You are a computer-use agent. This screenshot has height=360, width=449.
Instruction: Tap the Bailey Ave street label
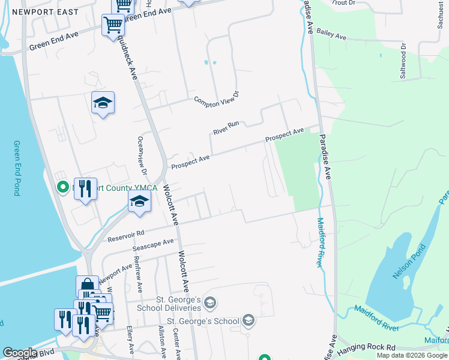coord(332,36)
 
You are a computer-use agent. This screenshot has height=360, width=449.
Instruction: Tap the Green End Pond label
coord(17,168)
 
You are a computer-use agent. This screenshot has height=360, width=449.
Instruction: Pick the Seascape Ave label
coord(152,245)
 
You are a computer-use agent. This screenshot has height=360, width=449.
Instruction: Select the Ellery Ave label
coord(131,340)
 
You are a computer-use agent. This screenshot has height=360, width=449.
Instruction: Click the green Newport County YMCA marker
coord(62,188)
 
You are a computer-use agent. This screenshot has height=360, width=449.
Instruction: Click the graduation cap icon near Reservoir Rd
coord(139,202)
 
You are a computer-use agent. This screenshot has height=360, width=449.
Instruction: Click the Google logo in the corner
coord(20,353)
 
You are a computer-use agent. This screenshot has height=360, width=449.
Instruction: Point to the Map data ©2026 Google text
coord(412,355)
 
